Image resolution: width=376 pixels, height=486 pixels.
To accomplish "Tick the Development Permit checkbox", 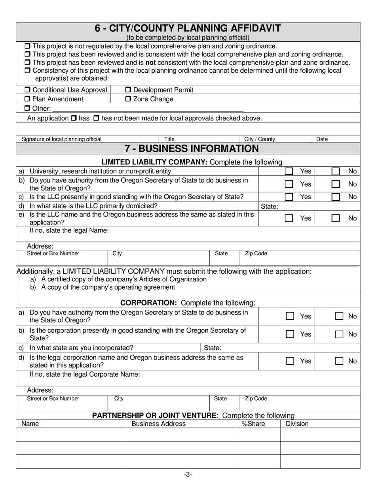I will coord(128,90).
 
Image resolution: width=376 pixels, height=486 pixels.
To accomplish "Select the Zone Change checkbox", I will coord(128,99).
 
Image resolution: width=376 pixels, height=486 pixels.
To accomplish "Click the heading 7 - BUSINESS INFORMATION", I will coord(191,149).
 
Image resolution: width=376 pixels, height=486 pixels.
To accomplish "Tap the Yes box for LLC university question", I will coord(289,171).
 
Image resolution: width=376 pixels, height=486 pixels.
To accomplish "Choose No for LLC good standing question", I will coord(335,197).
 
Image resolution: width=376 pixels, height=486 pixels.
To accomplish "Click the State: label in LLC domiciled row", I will coord(270,206).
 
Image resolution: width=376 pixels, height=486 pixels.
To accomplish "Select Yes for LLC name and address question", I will coord(289,218).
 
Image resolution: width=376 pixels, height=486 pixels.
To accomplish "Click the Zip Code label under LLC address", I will coord(256,254).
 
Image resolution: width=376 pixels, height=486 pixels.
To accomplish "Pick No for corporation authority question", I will coord(339,316).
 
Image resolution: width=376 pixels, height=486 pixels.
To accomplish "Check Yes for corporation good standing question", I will coord(290,334).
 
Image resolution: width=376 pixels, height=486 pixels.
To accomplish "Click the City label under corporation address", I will coord(119,399).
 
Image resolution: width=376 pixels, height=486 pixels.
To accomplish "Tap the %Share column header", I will coord(253,424).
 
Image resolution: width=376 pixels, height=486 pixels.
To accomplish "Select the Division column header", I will coord(297,424).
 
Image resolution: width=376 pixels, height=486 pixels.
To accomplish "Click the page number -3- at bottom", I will coord(188,475).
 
